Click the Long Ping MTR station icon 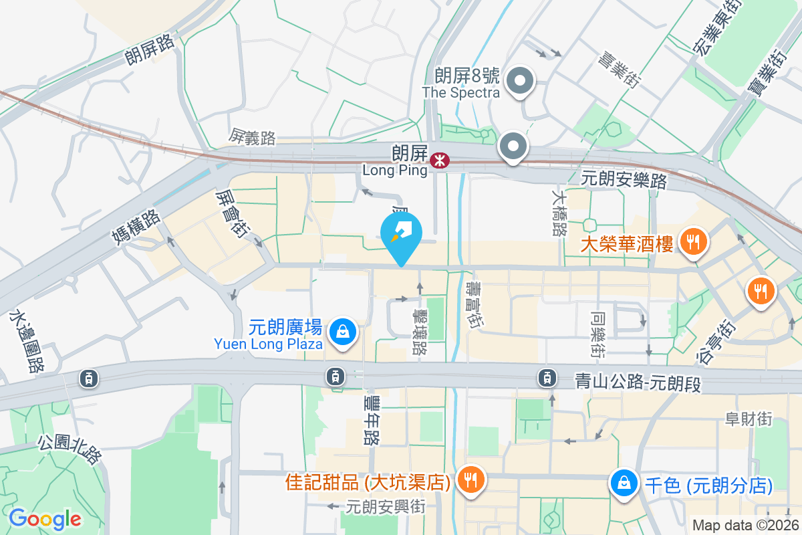pos(439,160)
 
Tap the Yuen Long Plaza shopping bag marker pos(342,330)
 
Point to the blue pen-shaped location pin pos(401,235)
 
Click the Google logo pos(45,518)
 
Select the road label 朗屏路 pos(150,50)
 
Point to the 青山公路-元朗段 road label pos(638,382)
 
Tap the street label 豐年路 pos(372,419)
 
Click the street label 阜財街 pos(749,419)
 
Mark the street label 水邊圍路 pos(27,341)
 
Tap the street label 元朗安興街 pos(386,506)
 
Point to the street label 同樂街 pos(597,332)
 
